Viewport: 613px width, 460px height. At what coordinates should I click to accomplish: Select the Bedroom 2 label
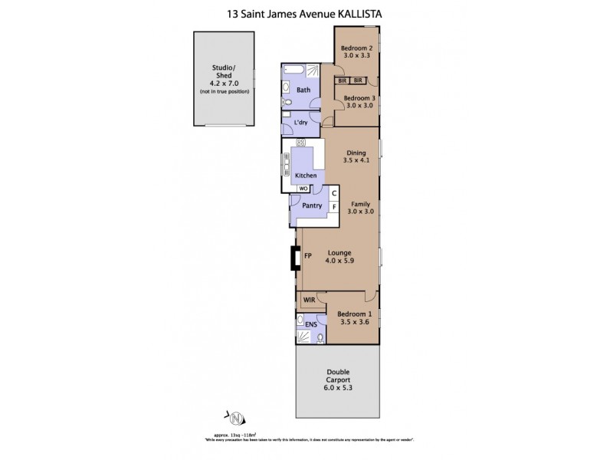[356, 47]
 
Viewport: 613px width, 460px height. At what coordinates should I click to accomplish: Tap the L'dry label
[301, 123]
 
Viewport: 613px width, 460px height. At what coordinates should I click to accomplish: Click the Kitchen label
[306, 176]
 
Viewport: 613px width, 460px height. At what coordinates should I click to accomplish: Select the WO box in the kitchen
[303, 188]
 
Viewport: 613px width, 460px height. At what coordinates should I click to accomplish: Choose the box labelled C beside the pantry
[334, 193]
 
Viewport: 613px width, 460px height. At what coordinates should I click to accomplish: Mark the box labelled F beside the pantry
[334, 207]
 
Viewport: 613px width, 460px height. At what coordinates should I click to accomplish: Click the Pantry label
[312, 205]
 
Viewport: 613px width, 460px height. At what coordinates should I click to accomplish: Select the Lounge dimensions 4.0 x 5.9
[339, 261]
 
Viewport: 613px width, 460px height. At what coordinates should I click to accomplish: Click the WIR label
[310, 300]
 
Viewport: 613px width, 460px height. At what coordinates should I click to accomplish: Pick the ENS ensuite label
[311, 325]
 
